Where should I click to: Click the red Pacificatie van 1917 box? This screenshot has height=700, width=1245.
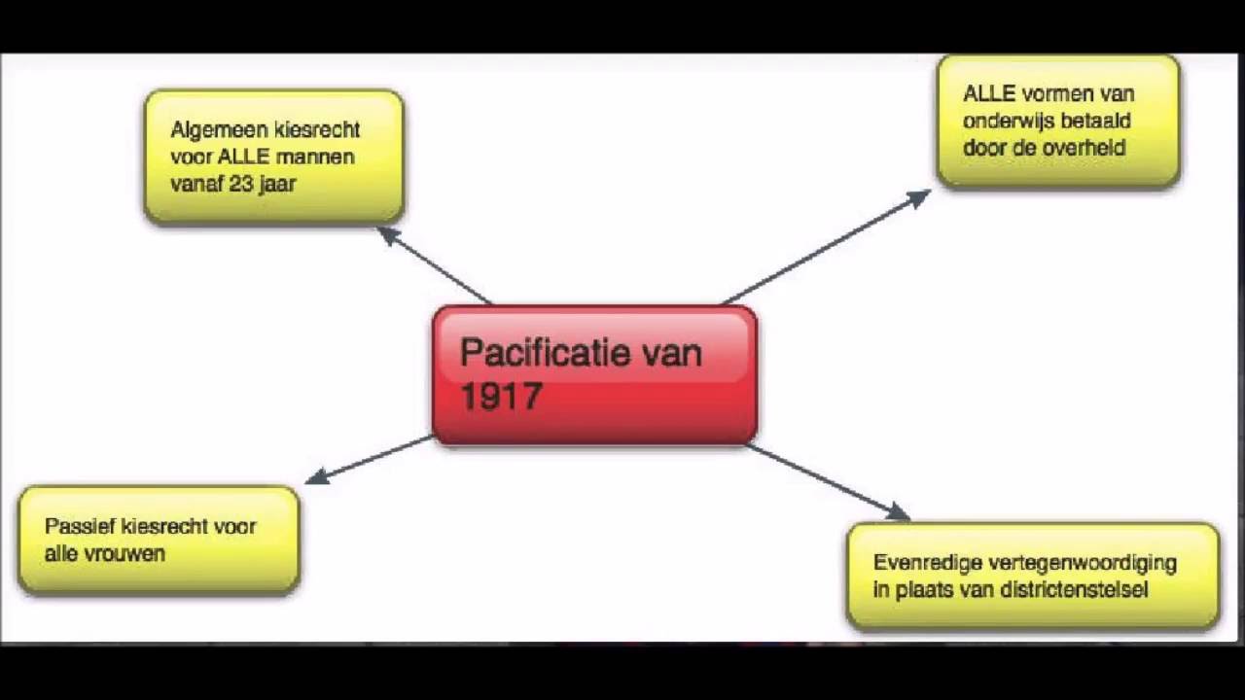click(594, 375)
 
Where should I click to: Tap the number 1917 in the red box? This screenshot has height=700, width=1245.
click(501, 396)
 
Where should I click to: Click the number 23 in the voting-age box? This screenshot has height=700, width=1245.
click(241, 184)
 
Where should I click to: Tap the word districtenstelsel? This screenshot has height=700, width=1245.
click(1074, 589)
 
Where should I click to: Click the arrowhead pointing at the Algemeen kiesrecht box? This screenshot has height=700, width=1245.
click(388, 235)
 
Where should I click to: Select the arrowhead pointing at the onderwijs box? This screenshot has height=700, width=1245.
click(919, 198)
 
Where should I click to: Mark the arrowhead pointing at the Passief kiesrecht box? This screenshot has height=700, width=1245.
click(317, 476)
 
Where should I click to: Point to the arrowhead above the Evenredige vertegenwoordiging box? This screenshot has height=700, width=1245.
click(897, 511)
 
